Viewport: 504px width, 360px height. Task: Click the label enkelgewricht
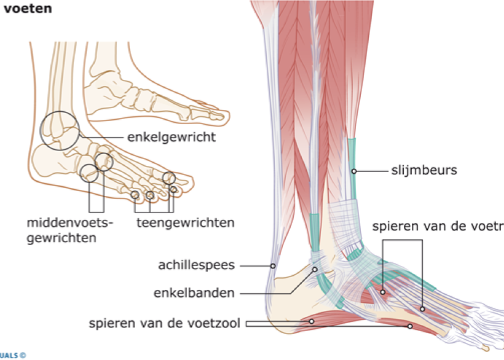(x=171, y=137)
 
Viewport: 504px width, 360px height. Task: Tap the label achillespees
(x=196, y=265)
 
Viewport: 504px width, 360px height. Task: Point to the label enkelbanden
(x=196, y=293)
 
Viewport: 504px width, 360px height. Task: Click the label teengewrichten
(x=185, y=222)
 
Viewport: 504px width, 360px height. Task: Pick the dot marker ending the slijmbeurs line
(x=354, y=170)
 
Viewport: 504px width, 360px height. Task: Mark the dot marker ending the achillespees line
(x=273, y=266)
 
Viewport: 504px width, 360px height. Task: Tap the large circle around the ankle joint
(x=60, y=130)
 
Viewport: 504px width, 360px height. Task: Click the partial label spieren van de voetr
(x=437, y=227)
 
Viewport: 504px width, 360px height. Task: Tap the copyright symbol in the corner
(x=23, y=354)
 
